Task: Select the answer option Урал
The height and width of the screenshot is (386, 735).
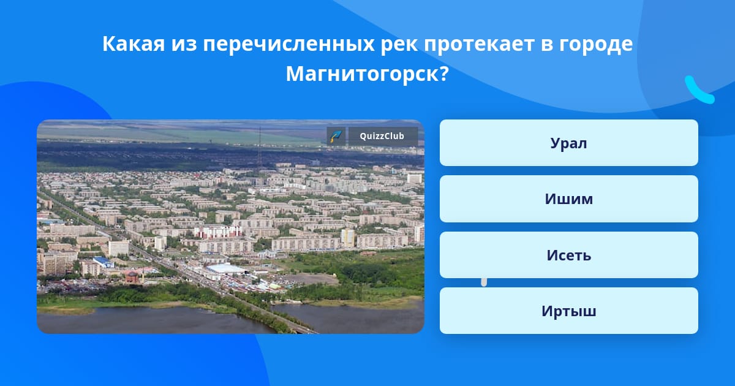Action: click(x=568, y=143)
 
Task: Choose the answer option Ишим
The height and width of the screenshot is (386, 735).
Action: click(x=568, y=199)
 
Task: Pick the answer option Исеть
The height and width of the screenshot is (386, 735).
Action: click(x=568, y=255)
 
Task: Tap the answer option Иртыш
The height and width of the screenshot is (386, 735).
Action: click(x=568, y=311)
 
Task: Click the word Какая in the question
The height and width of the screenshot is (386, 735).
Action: click(x=134, y=44)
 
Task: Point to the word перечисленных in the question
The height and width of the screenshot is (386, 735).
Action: click(x=288, y=44)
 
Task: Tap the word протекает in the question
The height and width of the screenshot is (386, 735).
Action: click(x=479, y=44)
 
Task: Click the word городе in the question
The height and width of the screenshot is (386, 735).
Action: click(x=596, y=44)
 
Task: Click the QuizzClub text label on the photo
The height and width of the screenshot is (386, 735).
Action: click(x=382, y=136)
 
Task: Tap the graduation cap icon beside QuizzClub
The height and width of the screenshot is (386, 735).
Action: click(x=336, y=136)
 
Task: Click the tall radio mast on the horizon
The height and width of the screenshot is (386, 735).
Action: click(x=260, y=148)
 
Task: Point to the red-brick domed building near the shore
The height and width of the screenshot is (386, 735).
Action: click(x=132, y=277)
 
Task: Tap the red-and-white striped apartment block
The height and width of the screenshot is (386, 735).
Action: click(x=218, y=232)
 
